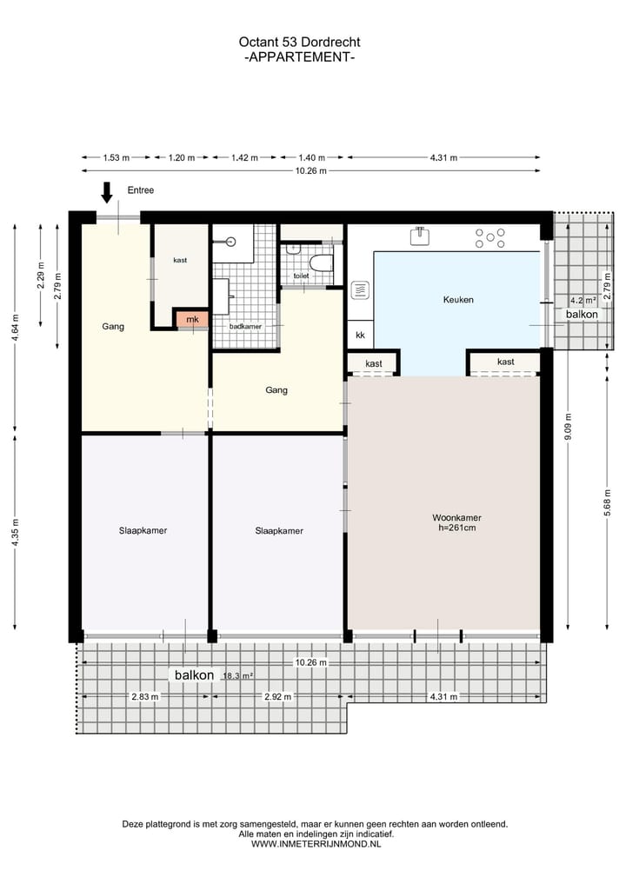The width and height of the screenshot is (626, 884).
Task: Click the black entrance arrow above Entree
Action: [107, 192]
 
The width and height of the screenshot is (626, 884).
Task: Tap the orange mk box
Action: [192, 320]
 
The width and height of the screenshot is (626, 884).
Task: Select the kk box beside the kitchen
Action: [360, 335]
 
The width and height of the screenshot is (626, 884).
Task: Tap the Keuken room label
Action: [457, 299]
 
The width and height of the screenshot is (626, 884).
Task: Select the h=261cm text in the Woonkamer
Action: [456, 528]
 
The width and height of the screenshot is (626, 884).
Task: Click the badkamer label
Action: [244, 326]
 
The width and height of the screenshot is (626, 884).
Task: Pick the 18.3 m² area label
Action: [237, 675]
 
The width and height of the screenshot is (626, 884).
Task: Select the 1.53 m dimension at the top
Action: [116, 158]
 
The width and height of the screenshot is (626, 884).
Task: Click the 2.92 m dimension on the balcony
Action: [278, 696]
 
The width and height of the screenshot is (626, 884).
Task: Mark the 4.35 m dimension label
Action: [15, 532]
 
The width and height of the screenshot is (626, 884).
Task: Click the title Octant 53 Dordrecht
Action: [299, 42]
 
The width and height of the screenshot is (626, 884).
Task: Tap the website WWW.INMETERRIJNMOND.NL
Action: [315, 843]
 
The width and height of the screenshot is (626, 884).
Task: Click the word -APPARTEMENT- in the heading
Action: [299, 56]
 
